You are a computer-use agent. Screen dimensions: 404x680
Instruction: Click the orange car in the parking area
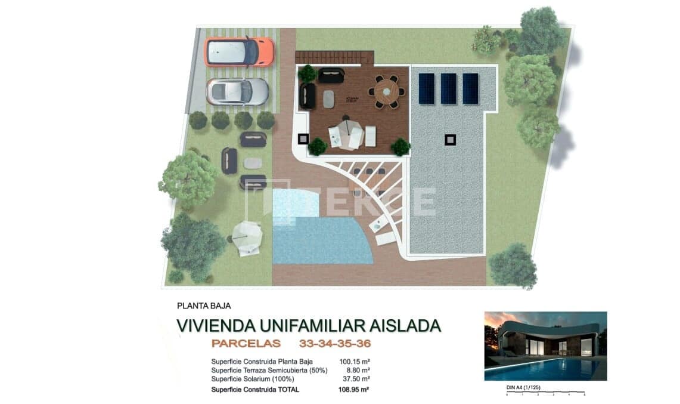pyautogui.click(x=239, y=52)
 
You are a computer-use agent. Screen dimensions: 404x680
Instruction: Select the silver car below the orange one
pyautogui.click(x=237, y=91)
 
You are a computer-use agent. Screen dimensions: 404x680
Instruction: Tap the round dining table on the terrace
pyautogui.click(x=386, y=91)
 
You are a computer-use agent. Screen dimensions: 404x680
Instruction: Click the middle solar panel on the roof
pyautogui.click(x=448, y=88)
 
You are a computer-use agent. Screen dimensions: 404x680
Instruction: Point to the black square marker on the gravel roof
pyautogui.click(x=451, y=140)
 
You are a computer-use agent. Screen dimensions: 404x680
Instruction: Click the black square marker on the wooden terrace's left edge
pyautogui.click(x=303, y=139)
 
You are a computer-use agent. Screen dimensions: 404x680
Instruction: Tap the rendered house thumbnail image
pyautogui.click(x=545, y=346)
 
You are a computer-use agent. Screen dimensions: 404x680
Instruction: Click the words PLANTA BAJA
pyautogui.click(x=204, y=306)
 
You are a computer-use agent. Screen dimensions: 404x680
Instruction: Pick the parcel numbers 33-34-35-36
pyautogui.click(x=335, y=344)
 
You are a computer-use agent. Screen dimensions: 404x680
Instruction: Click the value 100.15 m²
pyautogui.click(x=355, y=362)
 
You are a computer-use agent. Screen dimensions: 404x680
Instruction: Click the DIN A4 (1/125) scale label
pyautogui.click(x=522, y=387)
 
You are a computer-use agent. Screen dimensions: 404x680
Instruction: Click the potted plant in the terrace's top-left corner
pyautogui.click(x=308, y=74)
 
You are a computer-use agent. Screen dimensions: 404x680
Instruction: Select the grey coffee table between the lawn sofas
pyautogui.click(x=253, y=162)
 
